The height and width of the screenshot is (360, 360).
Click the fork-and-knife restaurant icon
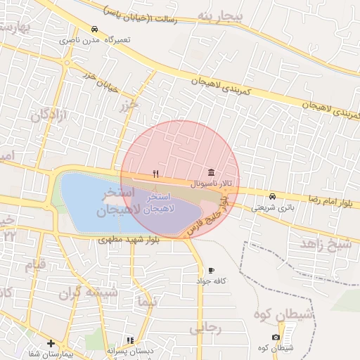(156, 174)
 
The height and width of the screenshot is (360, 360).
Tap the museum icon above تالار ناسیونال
(211, 173)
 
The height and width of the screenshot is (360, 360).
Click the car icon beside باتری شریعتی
(272, 196)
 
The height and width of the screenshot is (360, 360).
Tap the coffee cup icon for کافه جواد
(211, 270)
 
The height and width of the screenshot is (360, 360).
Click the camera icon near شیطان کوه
(276, 337)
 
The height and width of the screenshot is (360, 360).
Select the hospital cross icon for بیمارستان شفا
(50, 343)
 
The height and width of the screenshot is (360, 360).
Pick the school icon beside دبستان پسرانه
(130, 340)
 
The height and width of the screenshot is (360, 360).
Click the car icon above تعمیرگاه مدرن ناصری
(95, 30)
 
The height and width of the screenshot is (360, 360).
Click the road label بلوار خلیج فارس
(207, 217)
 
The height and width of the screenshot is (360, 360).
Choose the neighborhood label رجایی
(205, 328)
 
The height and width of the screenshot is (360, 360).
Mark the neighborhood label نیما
(148, 302)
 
